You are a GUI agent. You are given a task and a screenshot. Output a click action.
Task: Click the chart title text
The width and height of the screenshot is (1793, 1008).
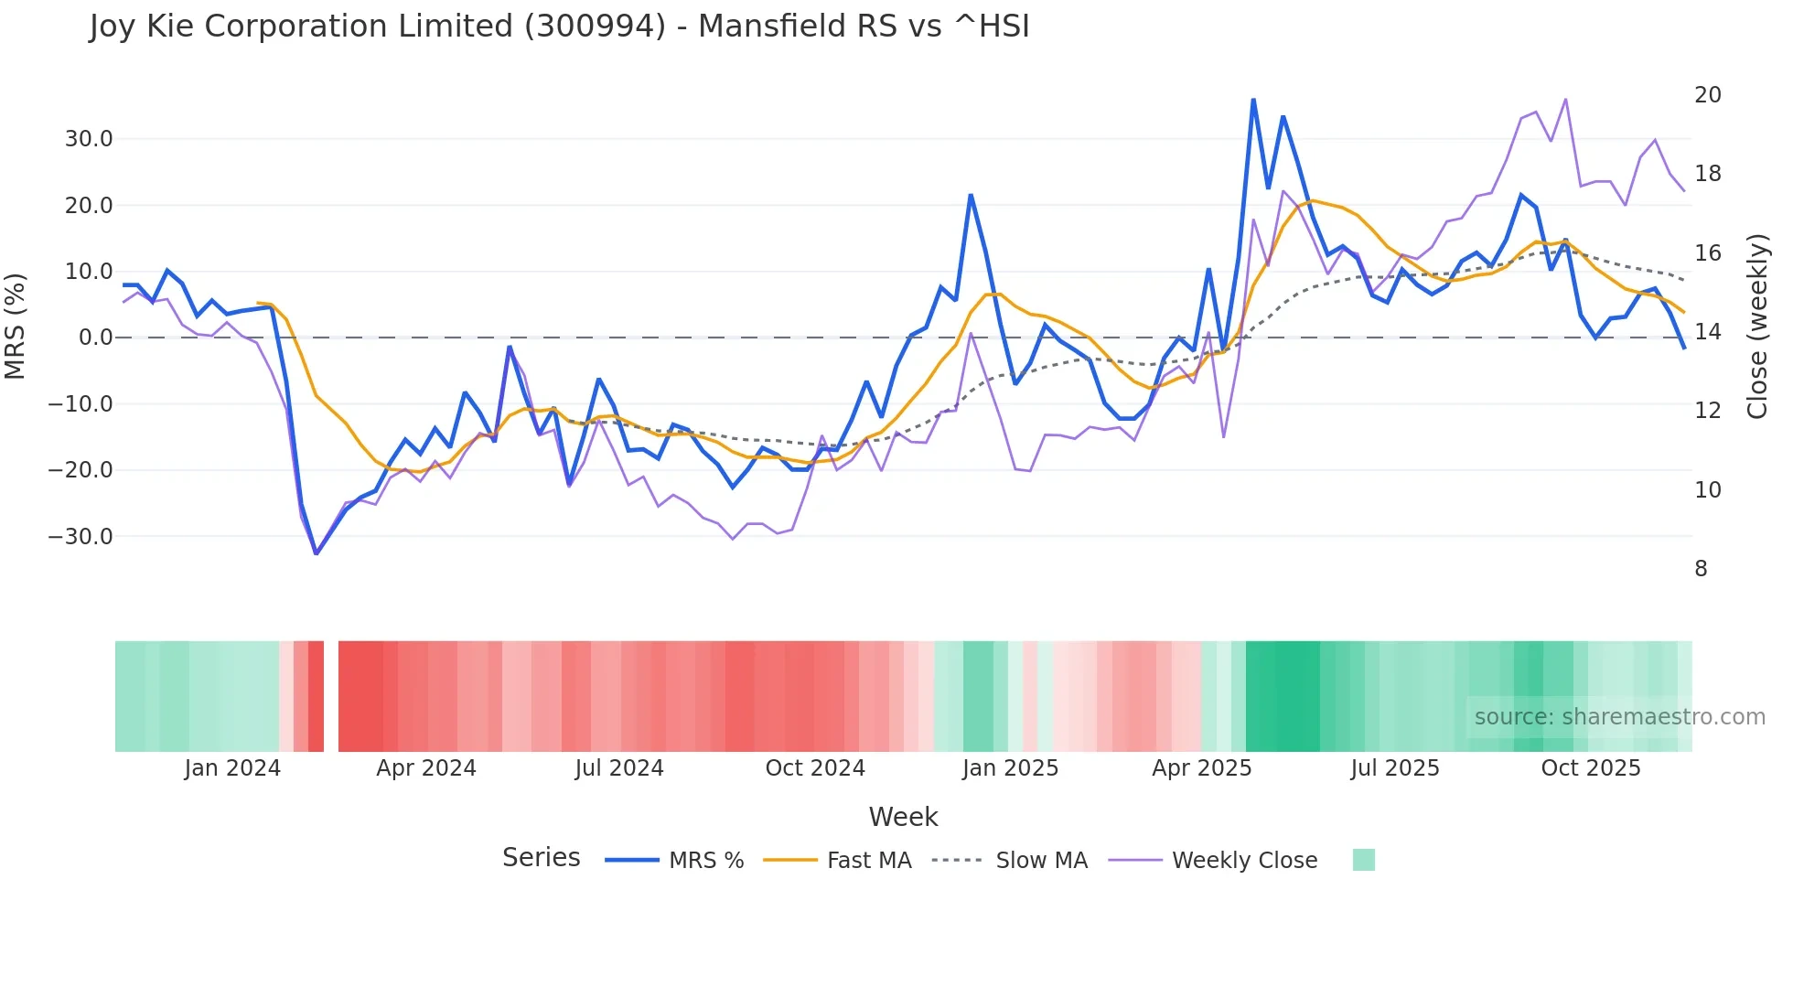point(559,27)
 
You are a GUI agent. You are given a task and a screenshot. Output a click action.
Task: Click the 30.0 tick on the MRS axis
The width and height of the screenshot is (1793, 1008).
point(88,139)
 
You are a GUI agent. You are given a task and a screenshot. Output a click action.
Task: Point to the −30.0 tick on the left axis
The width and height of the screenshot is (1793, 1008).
point(81,537)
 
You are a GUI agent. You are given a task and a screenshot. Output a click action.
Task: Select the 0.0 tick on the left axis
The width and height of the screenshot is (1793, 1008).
point(95,338)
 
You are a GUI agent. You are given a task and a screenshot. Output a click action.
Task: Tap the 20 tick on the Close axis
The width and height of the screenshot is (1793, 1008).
point(1707,95)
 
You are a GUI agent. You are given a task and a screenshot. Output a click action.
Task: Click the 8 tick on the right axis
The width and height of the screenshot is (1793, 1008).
point(1701,569)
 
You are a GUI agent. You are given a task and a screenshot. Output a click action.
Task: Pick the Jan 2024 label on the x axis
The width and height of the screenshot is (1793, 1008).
point(232,768)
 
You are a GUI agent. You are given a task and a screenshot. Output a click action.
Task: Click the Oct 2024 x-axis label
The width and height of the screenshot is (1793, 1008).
point(815,768)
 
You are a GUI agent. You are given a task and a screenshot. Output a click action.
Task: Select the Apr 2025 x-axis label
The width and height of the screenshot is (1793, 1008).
point(1201,768)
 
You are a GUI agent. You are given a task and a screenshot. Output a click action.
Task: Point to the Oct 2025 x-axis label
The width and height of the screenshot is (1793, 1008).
point(1591,768)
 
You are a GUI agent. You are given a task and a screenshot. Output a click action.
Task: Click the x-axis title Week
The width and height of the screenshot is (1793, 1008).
point(903,817)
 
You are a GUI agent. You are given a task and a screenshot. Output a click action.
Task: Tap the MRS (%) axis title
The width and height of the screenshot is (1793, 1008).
point(16,327)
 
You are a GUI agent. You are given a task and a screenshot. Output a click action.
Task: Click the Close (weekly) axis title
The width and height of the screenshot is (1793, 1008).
point(1757,327)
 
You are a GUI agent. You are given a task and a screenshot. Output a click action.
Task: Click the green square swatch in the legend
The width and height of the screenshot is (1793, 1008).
point(1363,860)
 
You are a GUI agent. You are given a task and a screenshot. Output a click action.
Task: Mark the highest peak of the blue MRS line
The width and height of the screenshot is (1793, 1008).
point(1253,100)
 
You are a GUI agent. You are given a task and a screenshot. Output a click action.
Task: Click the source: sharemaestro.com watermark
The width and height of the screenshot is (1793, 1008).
point(1619,717)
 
